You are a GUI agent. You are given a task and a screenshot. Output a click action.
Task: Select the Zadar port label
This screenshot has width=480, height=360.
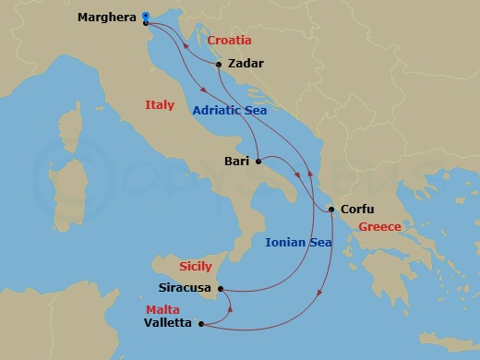[245, 65]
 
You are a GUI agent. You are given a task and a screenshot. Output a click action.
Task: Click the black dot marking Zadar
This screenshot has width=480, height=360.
[218, 65]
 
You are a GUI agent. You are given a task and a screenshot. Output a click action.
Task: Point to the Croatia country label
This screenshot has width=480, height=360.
[230, 42]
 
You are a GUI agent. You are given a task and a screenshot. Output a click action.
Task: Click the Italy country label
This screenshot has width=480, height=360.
[160, 105]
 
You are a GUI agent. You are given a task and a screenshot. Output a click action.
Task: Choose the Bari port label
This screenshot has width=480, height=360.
[237, 161]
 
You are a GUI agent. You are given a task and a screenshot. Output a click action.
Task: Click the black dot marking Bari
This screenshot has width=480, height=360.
[259, 161]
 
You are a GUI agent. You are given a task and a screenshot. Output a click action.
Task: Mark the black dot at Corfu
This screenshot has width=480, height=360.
[331, 210]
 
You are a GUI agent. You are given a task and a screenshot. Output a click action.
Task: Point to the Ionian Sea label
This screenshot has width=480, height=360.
[297, 244]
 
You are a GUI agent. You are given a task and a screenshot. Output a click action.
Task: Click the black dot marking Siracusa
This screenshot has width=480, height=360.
[222, 288]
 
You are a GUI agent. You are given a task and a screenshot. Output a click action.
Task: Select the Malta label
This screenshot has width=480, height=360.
[162, 309]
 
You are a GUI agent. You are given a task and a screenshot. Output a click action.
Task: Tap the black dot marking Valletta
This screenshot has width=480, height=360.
[200, 324]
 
